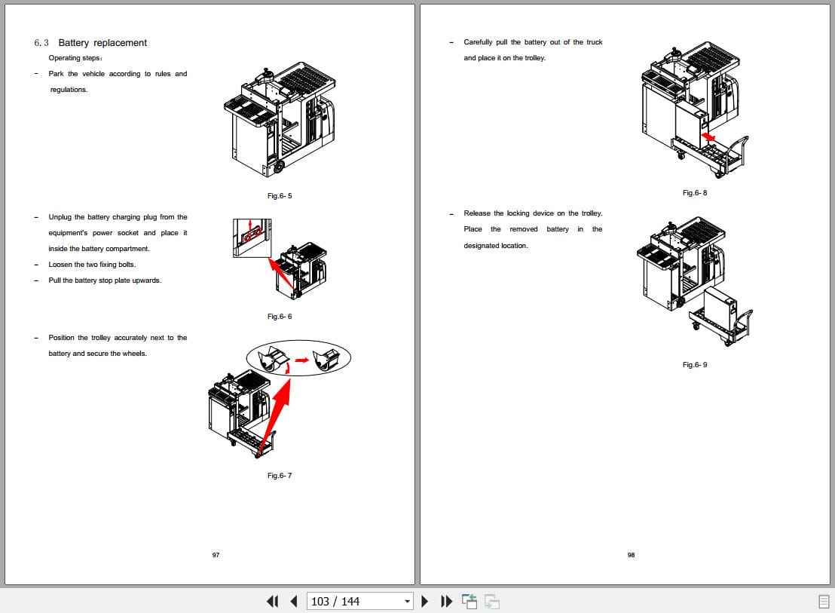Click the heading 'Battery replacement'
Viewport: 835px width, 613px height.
[x=102, y=43]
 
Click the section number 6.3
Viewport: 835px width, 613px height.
[x=41, y=43]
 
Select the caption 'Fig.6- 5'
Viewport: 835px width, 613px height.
[x=280, y=196]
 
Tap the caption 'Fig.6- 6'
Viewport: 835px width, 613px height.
[x=280, y=317]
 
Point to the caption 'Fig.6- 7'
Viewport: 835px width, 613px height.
[x=280, y=476]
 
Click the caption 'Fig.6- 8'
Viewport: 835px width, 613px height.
[x=695, y=193]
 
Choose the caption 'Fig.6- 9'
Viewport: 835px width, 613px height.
[x=695, y=365]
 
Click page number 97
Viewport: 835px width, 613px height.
[x=216, y=555]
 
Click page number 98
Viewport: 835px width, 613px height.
[x=631, y=555]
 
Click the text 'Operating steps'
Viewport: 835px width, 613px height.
[x=75, y=58]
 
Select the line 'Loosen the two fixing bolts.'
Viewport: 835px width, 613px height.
[x=92, y=265]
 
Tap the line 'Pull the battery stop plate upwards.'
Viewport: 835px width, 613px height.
[x=105, y=280]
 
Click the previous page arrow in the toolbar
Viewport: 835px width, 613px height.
[x=294, y=601]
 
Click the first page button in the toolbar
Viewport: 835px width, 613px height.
[x=273, y=601]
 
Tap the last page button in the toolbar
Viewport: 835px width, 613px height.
[x=447, y=601]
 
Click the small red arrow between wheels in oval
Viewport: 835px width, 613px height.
[x=301, y=360]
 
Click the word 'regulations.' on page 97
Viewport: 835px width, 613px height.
[x=69, y=90]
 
